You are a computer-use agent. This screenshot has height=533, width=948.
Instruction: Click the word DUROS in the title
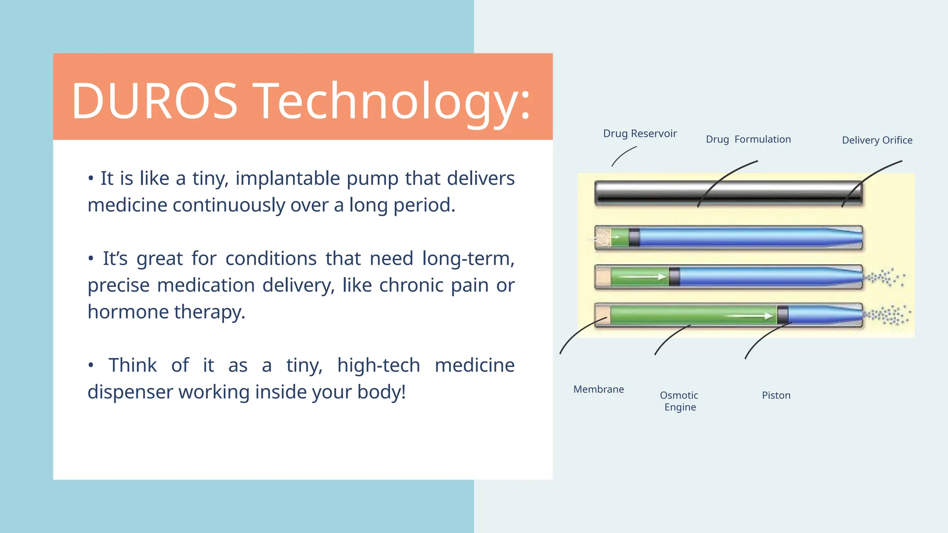154,101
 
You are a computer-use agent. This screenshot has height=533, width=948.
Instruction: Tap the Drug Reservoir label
640,134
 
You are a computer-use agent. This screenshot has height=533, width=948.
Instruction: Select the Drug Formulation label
748,139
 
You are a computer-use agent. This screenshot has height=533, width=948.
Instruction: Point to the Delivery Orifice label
877,140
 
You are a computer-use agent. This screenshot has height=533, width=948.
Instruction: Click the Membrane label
599,390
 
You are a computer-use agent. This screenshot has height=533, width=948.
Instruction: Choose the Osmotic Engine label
680,401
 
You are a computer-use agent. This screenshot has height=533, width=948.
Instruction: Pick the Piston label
776,396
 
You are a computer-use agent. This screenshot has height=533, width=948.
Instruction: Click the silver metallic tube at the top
728,192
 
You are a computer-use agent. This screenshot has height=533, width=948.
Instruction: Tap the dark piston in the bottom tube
782,315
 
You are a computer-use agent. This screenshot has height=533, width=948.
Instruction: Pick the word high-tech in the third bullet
378,366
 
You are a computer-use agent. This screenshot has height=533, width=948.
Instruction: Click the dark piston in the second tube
634,238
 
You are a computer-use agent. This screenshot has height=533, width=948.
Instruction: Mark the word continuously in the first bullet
229,205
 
